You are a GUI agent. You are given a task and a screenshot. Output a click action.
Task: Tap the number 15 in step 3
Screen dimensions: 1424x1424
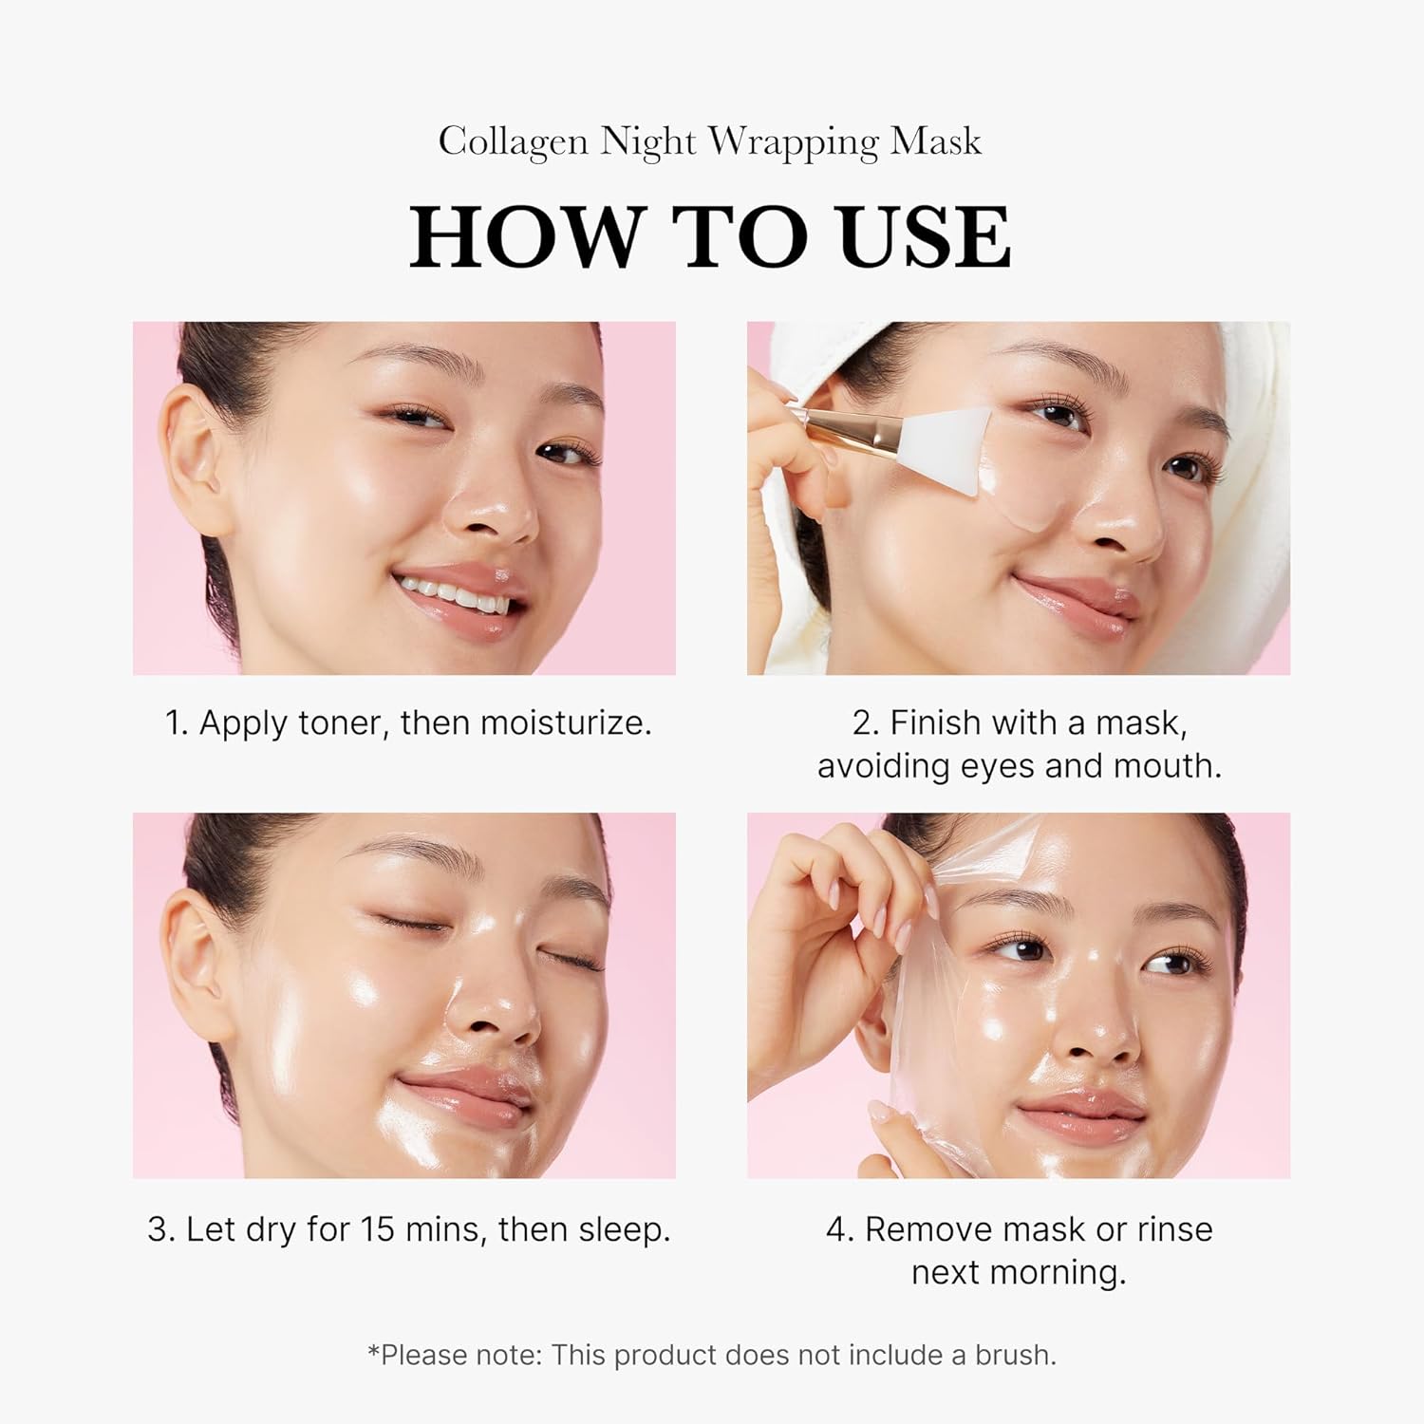tap(376, 1229)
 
